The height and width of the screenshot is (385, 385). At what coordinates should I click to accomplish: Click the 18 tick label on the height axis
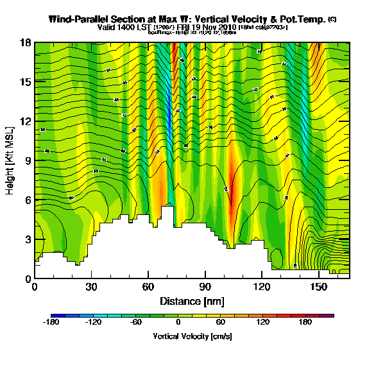click(26, 43)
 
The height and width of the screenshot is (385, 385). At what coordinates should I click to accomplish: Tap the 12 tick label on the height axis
click(26, 122)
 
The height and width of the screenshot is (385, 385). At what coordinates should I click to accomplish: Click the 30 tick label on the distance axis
click(91, 287)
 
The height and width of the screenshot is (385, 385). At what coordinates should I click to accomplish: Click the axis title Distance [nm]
click(192, 301)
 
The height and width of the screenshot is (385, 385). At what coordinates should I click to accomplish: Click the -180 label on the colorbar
click(51, 323)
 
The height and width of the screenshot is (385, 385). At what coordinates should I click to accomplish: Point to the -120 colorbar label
click(94, 323)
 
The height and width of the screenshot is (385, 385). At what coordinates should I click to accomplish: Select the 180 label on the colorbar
click(305, 323)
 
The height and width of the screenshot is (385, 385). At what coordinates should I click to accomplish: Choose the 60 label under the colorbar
click(221, 323)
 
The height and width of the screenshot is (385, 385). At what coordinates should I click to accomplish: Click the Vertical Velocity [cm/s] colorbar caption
click(192, 336)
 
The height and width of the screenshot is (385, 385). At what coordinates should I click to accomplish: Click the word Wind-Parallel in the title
click(78, 19)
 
